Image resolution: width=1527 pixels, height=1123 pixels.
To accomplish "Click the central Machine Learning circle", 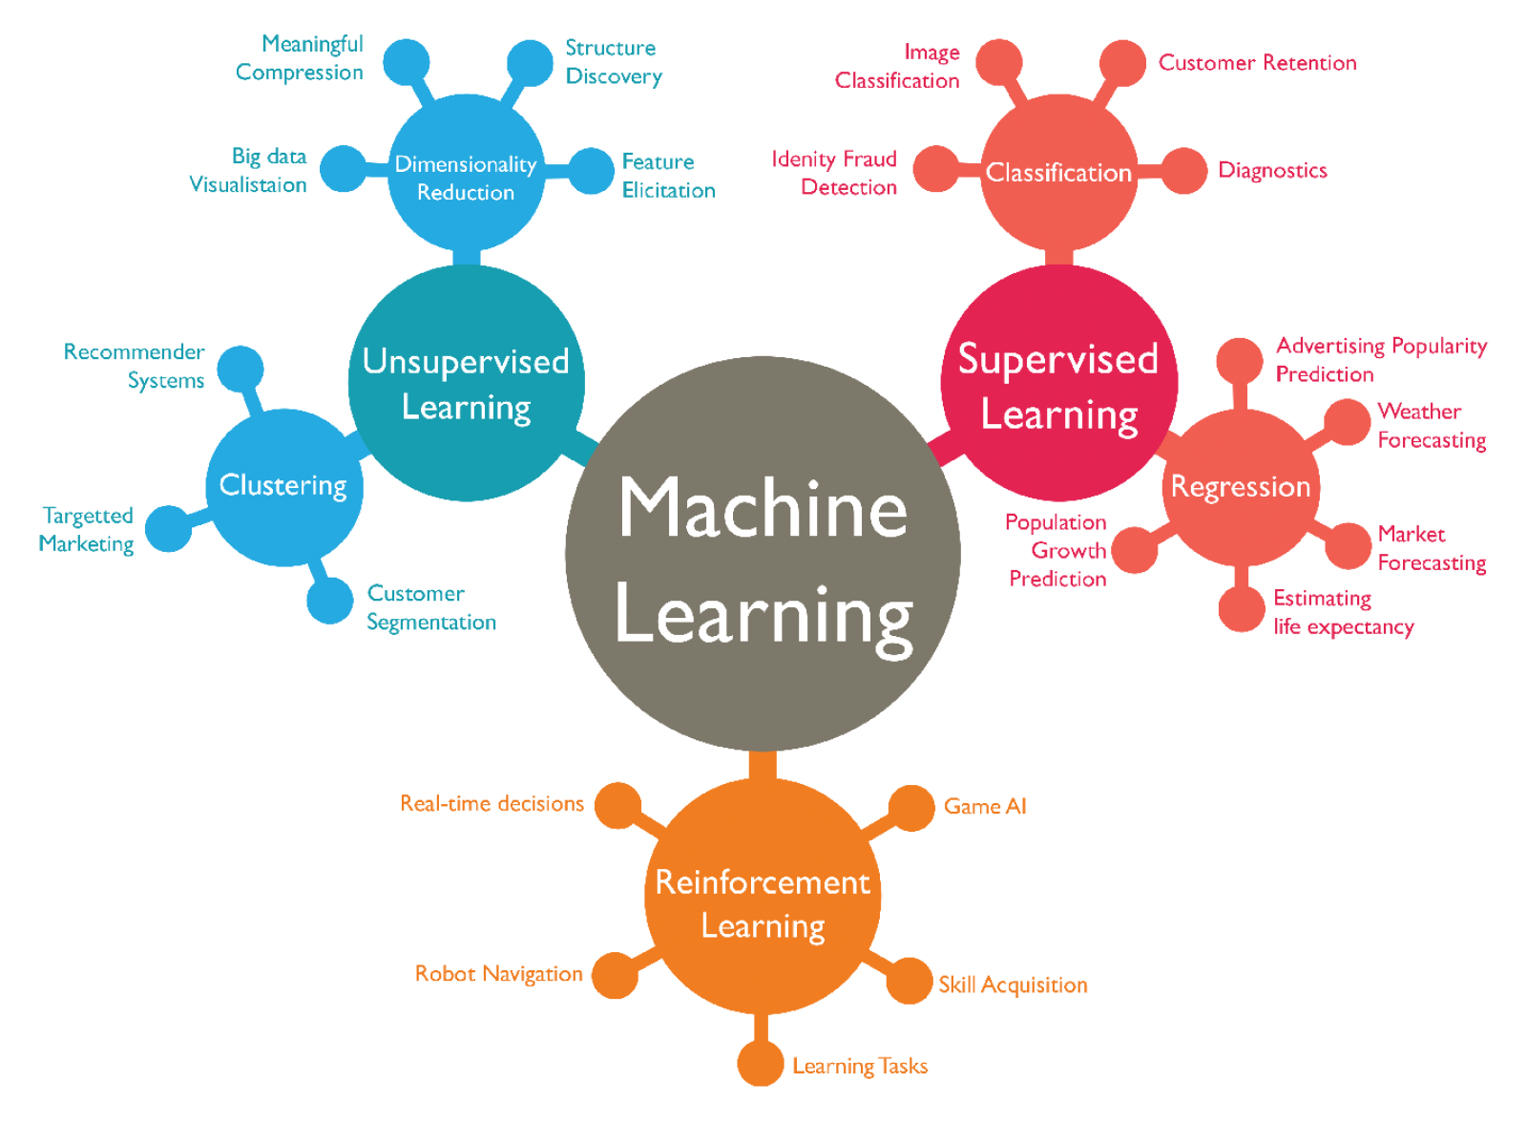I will tap(763, 554).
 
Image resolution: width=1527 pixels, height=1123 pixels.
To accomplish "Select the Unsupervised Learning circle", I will tap(466, 383).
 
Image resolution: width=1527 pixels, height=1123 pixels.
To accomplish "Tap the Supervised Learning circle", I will tap(1058, 383).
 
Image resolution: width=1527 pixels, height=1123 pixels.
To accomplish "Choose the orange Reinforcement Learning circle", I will tap(762, 896).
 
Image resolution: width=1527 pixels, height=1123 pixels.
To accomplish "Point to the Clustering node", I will tap(283, 487).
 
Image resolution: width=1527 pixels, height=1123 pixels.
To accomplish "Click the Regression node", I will tap(1241, 487).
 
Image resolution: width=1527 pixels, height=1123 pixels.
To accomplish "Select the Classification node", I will tap(1058, 173).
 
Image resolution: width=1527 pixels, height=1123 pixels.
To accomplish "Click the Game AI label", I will tap(985, 807).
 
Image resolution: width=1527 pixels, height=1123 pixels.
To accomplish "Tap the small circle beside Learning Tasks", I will tap(761, 1063).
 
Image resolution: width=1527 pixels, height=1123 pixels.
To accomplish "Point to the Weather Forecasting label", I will tap(1432, 426).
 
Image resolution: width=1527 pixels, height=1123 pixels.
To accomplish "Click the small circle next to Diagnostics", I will tap(1184, 171).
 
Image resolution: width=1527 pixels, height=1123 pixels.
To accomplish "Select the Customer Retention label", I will tap(1257, 63).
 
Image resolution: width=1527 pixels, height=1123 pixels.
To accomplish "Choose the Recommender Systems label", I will tap(135, 366).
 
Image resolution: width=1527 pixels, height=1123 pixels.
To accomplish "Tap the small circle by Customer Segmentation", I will tap(330, 601).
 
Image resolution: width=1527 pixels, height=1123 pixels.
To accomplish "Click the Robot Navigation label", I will tap(498, 974).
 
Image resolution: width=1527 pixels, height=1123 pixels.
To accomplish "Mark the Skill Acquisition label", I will tap(1013, 985).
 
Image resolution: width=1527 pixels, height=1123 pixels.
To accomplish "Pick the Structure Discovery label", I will tap(613, 62).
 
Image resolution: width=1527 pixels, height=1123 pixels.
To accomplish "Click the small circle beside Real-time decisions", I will tap(618, 806).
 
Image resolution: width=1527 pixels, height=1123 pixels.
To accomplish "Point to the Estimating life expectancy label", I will tap(1343, 612).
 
